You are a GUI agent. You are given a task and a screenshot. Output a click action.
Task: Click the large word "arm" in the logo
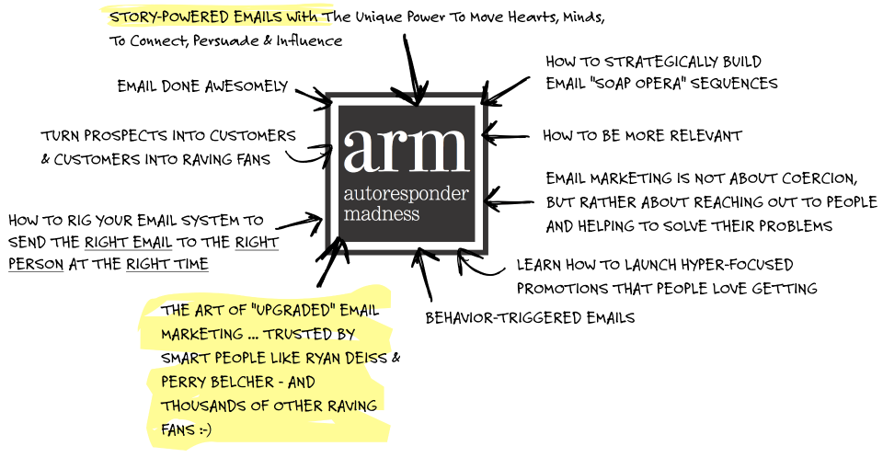pos(406,150)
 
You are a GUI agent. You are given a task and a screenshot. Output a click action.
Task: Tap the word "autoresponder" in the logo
pos(406,194)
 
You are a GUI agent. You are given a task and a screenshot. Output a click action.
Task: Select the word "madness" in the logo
pos(382,214)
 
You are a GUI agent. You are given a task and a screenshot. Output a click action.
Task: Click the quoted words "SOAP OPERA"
pos(636,84)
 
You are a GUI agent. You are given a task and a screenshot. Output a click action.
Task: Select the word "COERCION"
pos(820,178)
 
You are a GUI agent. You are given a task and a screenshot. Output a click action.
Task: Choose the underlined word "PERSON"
pos(36,264)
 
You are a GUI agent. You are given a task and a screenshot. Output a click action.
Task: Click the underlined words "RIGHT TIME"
pos(167,264)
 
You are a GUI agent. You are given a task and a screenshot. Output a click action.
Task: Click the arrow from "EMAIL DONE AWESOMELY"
pos(315,97)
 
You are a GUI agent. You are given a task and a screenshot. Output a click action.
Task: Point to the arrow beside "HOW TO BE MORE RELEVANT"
pos(506,136)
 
